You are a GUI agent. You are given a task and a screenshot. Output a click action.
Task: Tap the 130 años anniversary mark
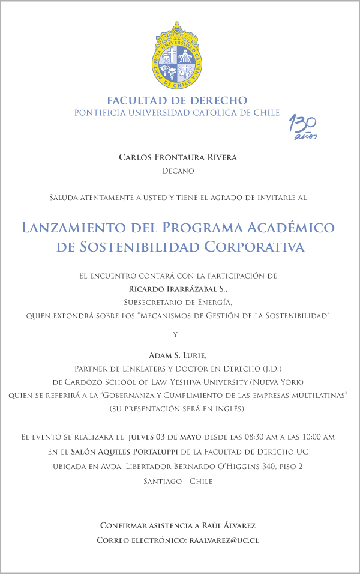coord(304,127)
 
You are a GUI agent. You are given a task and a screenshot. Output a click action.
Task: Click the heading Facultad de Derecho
coord(177,100)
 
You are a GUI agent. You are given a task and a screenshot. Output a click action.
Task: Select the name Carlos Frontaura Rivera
coord(178,157)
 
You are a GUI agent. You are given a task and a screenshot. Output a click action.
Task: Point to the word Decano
coord(178,171)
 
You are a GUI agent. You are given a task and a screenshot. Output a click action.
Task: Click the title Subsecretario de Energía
coord(178,302)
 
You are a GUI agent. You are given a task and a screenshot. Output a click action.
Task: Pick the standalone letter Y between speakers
coord(175,334)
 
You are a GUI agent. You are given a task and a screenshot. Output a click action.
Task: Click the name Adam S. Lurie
coord(178,356)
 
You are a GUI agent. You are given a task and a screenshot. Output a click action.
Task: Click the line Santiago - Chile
coord(178,481)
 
